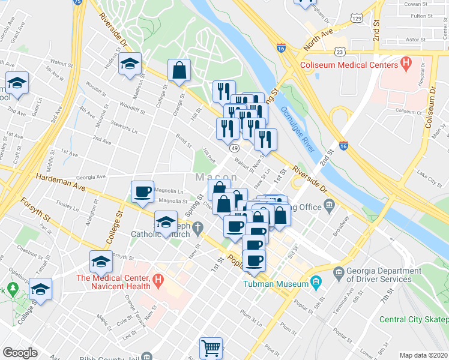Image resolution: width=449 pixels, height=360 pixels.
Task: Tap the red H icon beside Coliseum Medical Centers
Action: coord(406,62)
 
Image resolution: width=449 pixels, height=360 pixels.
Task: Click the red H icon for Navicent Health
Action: coord(157,279)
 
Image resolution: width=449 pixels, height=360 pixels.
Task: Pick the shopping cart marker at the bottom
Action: coord(211,348)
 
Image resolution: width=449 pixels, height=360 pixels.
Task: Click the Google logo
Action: coord(20,353)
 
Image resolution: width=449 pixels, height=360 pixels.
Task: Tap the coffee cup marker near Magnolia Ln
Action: coord(143,191)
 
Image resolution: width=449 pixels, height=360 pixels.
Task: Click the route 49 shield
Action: coord(234,148)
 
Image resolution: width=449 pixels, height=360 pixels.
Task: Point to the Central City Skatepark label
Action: coord(414,319)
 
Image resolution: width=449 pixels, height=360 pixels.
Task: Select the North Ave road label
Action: coord(318,40)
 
